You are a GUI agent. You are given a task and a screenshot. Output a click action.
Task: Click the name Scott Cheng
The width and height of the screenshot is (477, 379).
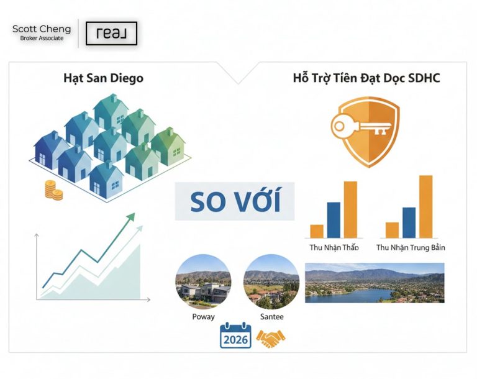[42, 29]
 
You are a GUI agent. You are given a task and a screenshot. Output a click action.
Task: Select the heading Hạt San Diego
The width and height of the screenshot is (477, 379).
[103, 79]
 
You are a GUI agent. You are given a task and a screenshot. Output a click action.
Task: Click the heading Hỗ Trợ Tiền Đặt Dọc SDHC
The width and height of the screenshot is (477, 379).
[366, 79]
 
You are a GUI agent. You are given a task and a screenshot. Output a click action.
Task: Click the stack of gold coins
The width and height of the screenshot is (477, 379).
[53, 189]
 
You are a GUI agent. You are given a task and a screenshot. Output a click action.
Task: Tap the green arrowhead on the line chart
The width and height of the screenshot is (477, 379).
[130, 217]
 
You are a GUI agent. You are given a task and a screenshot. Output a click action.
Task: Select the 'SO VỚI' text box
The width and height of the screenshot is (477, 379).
[235, 201]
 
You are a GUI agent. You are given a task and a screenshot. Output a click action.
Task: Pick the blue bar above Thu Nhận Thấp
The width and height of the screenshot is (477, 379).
[334, 220]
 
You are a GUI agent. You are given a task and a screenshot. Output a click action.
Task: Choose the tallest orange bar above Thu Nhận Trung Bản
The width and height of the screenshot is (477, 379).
[425, 206]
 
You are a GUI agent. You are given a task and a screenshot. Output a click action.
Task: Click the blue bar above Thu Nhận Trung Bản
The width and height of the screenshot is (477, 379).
[409, 222]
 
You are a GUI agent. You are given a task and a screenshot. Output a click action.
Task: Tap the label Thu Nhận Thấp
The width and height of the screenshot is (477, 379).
[334, 247]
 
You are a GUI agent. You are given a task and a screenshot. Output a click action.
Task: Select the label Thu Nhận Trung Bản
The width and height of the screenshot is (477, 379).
[411, 247]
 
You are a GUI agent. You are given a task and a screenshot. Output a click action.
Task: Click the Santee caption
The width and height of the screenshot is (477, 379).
[271, 317]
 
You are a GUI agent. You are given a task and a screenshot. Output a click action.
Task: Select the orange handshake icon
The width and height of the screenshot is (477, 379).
[271, 338]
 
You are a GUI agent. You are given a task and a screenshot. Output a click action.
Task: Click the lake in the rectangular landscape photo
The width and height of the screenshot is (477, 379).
[348, 293]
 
